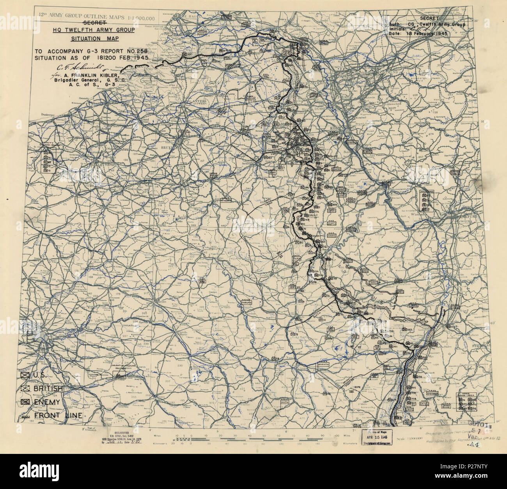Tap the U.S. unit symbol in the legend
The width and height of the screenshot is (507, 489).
coord(26,376)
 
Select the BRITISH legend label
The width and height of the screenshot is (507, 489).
coord(49,389)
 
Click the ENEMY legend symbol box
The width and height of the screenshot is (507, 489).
coord(26,402)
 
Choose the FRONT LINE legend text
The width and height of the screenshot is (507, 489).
coord(58,415)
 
